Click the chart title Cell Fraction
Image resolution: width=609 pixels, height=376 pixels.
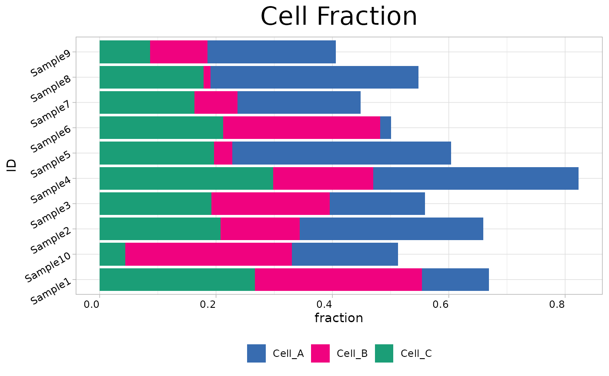pyautogui.click(x=338, y=16)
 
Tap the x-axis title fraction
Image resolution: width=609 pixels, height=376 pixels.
pyautogui.click(x=338, y=318)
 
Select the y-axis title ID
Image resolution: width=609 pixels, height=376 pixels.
pyautogui.click(x=12, y=165)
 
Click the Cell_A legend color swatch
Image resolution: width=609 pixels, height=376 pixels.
pyautogui.click(x=256, y=353)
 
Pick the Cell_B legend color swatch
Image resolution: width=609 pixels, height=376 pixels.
pyautogui.click(x=320, y=353)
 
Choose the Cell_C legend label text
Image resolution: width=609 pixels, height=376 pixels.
pyautogui.click(x=416, y=353)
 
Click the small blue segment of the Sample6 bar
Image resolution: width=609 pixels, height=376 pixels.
pyautogui.click(x=385, y=128)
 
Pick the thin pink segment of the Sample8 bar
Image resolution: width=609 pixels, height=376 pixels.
pyautogui.click(x=207, y=77)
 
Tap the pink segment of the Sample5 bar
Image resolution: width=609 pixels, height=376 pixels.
pyautogui.click(x=223, y=153)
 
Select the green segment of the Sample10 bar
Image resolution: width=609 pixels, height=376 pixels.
pyautogui.click(x=112, y=254)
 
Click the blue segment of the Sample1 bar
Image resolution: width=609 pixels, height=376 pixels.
pyautogui.click(x=455, y=280)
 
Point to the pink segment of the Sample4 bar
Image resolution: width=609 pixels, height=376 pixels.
pyautogui.click(x=323, y=178)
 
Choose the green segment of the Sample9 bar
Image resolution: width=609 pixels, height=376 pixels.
pyautogui.click(x=125, y=52)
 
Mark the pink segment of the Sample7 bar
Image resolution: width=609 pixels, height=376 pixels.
pyautogui.click(x=216, y=102)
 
